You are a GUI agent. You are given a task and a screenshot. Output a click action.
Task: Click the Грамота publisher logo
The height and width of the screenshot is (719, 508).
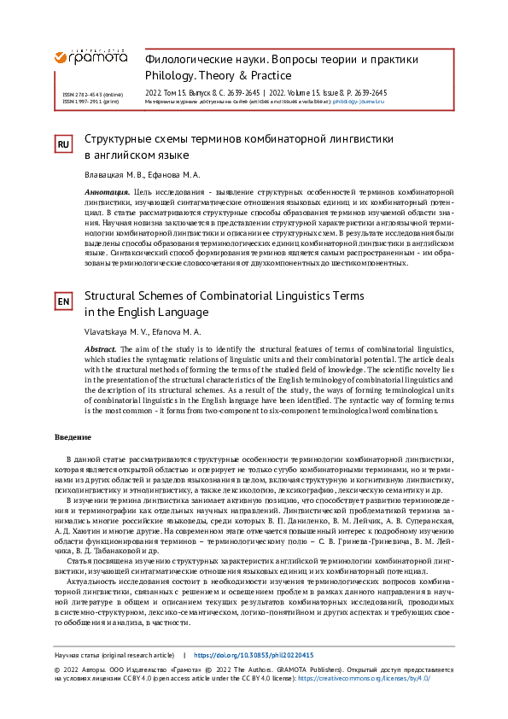coord(91,56)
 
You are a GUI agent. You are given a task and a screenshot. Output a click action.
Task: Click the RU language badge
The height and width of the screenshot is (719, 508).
coord(63,145)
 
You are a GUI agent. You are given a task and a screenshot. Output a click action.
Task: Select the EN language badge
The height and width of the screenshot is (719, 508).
coord(63,302)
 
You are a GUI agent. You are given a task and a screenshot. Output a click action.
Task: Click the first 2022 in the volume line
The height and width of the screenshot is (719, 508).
coord(157,92)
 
